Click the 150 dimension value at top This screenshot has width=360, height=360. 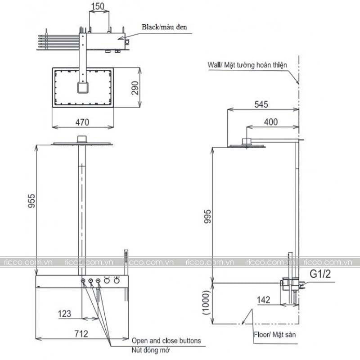(x=98, y=6)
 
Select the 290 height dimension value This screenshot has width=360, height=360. (x=135, y=88)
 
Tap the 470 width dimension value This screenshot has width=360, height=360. (x=82, y=122)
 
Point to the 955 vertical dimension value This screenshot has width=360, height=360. (x=31, y=201)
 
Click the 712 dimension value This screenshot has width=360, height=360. (x=81, y=334)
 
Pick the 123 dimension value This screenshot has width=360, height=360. (x=64, y=314)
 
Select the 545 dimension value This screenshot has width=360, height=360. (x=261, y=104)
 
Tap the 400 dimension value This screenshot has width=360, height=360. (x=271, y=122)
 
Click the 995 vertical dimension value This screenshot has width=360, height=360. (x=207, y=216)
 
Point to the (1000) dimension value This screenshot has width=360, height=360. (x=206, y=302)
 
